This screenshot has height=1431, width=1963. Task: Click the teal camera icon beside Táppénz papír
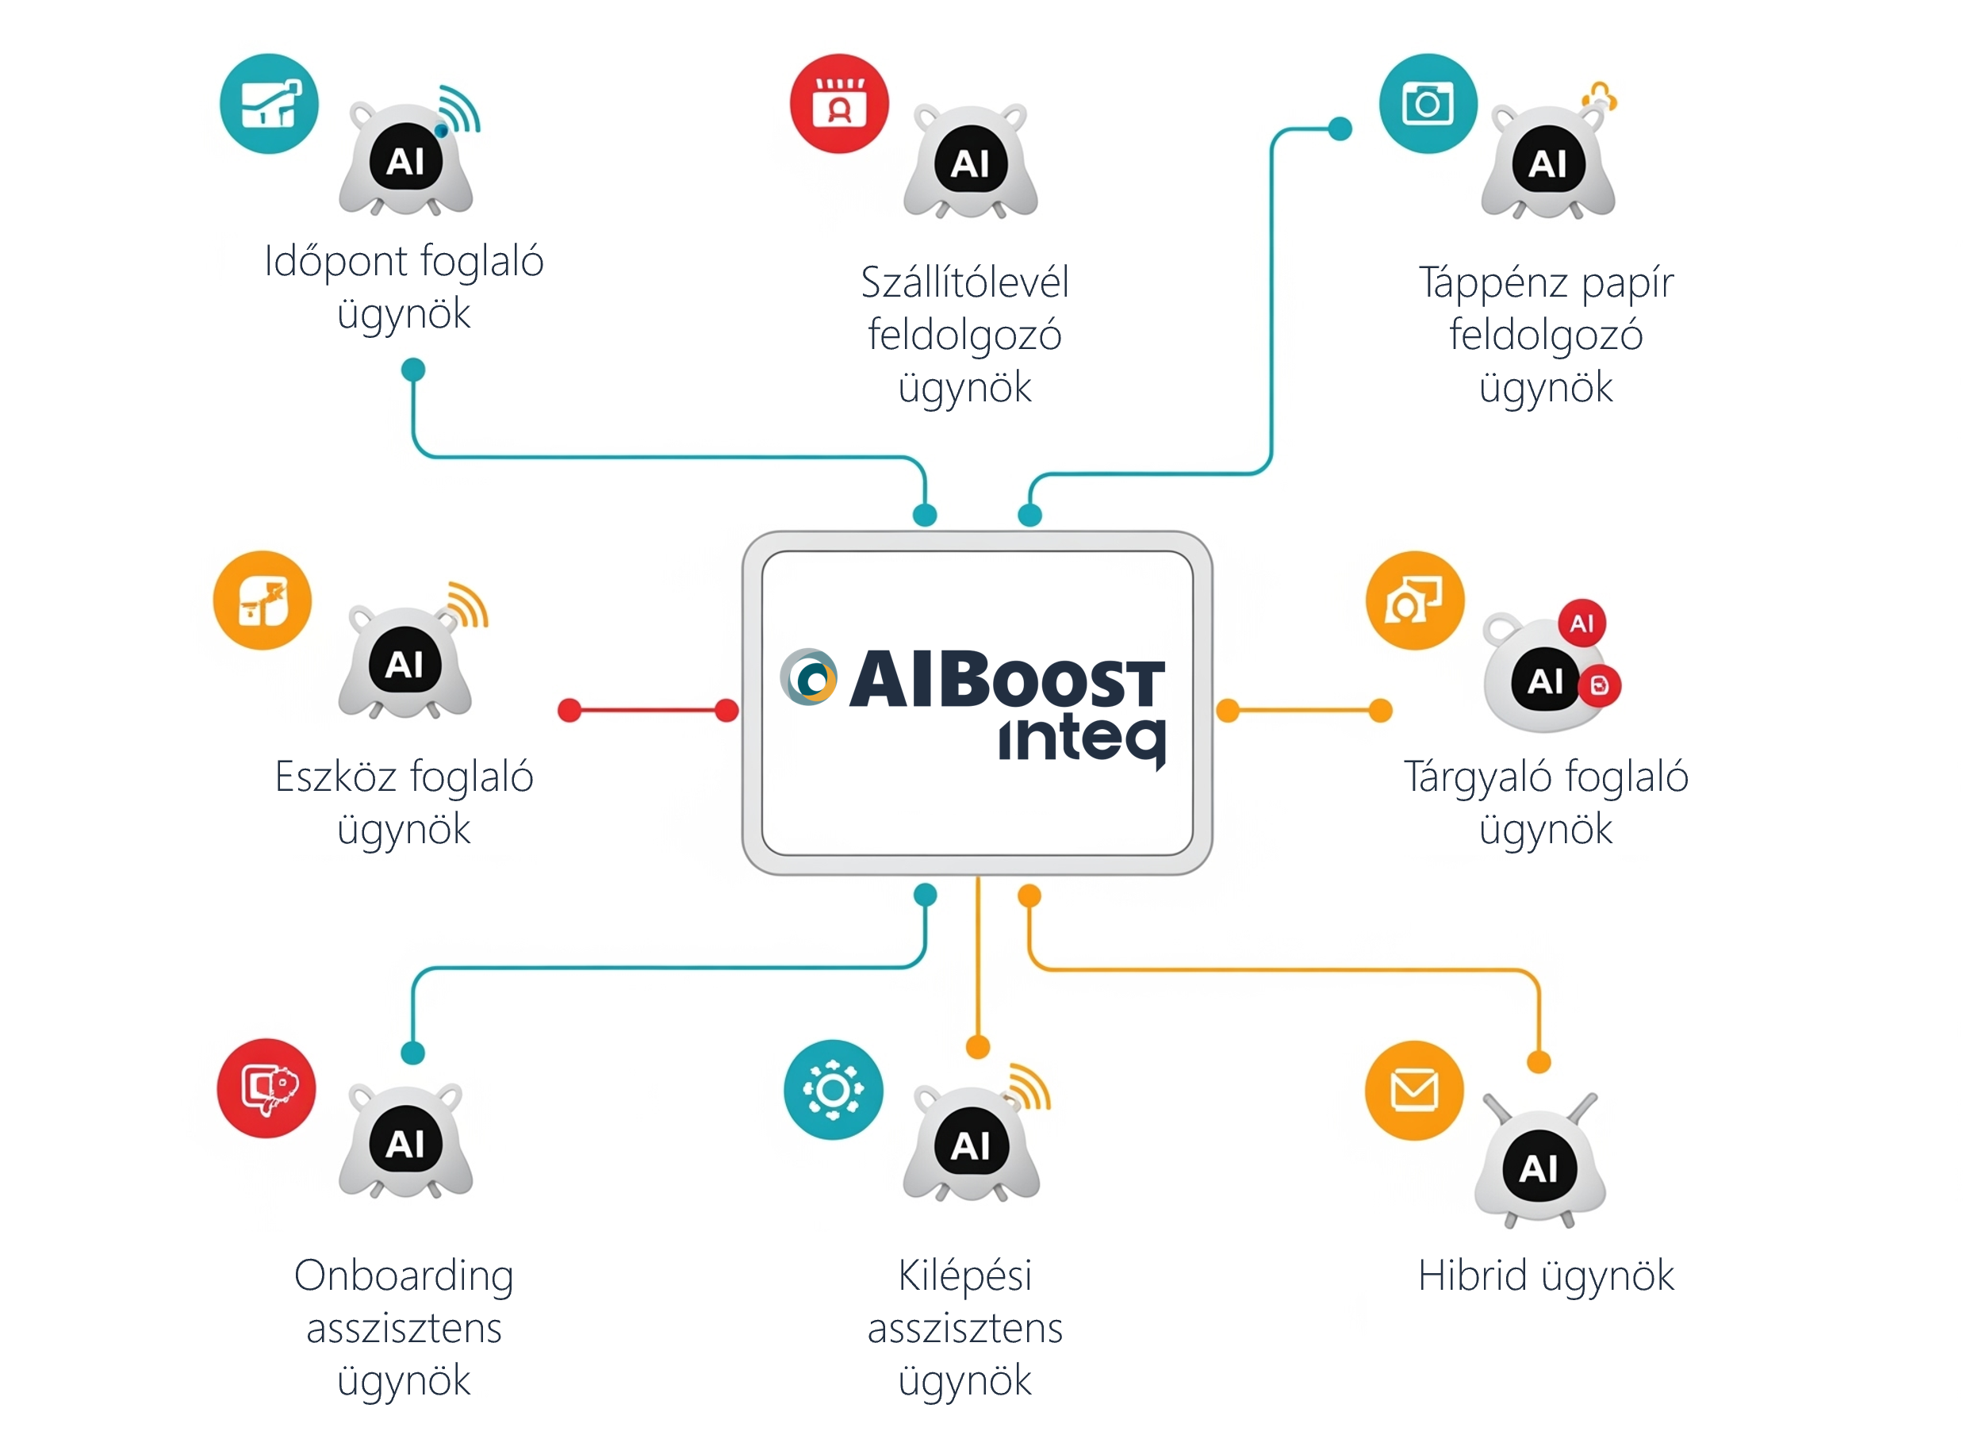click(1428, 104)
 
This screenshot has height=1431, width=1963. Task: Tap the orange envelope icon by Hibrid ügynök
click(1414, 1090)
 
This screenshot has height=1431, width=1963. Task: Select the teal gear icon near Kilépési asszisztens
click(833, 1090)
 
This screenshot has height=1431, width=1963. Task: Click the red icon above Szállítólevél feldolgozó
click(839, 104)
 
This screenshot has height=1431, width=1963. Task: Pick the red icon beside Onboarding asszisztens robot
click(266, 1088)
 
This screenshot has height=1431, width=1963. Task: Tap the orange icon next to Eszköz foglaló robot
click(263, 600)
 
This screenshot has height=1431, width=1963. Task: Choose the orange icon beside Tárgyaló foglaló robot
click(1415, 600)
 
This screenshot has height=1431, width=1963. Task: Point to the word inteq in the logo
click(1082, 741)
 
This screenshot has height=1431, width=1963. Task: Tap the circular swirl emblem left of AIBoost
click(809, 677)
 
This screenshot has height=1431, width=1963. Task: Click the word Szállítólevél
click(964, 282)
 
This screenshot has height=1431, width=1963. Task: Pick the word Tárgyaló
click(1478, 778)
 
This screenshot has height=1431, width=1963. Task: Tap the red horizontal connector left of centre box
click(648, 710)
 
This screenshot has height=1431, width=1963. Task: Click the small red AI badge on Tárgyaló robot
click(1582, 623)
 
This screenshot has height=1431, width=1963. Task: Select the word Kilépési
click(964, 1277)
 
